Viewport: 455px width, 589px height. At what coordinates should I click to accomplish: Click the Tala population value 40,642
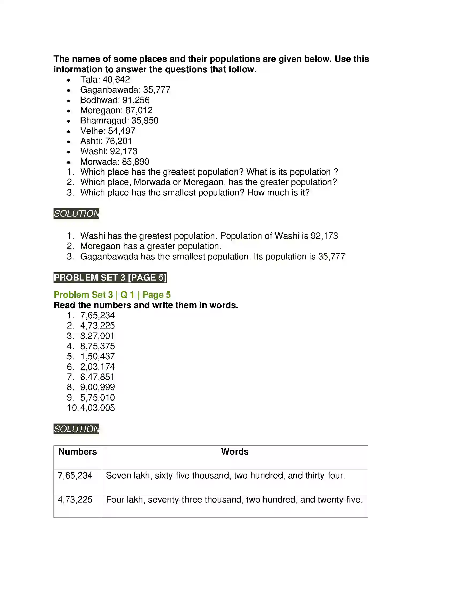pyautogui.click(x=116, y=80)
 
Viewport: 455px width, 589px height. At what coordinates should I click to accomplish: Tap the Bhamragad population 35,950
pyautogui.click(x=145, y=120)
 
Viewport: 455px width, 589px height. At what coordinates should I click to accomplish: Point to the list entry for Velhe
pyautogui.click(x=108, y=131)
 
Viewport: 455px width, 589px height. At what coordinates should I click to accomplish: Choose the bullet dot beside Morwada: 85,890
pyautogui.click(x=69, y=162)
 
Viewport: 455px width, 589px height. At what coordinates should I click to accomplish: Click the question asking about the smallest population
pyautogui.click(x=195, y=192)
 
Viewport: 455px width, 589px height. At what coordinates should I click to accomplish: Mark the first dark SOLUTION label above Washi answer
pyautogui.click(x=76, y=214)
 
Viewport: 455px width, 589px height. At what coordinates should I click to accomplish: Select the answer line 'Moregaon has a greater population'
pyautogui.click(x=151, y=246)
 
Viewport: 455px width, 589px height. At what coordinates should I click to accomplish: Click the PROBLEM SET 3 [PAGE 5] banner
pyautogui.click(x=110, y=278)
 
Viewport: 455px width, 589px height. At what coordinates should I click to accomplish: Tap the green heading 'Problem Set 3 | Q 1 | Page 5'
pyautogui.click(x=112, y=295)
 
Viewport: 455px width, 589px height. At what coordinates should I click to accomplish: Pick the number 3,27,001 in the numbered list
pyautogui.click(x=97, y=336)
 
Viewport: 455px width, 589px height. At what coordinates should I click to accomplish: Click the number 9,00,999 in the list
pyautogui.click(x=97, y=387)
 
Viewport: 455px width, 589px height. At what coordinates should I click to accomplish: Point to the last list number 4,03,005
pyautogui.click(x=97, y=408)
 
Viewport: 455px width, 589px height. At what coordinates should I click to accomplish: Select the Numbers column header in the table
pyautogui.click(x=78, y=452)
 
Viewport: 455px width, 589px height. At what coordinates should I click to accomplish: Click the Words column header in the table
pyautogui.click(x=235, y=452)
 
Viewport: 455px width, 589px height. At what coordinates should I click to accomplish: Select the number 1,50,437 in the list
pyautogui.click(x=97, y=357)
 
